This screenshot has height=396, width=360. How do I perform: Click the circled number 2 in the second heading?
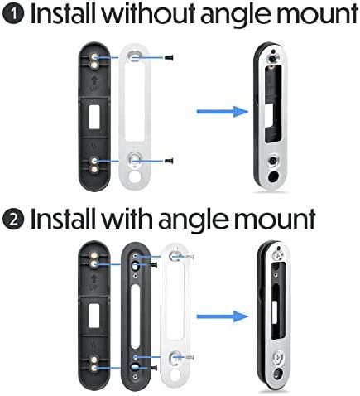coord(14,219)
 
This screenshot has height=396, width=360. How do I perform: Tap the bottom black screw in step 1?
coord(168,160)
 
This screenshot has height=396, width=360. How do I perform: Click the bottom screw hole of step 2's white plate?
coord(174,357)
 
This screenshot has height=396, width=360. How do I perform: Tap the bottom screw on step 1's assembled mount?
coord(276,157)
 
